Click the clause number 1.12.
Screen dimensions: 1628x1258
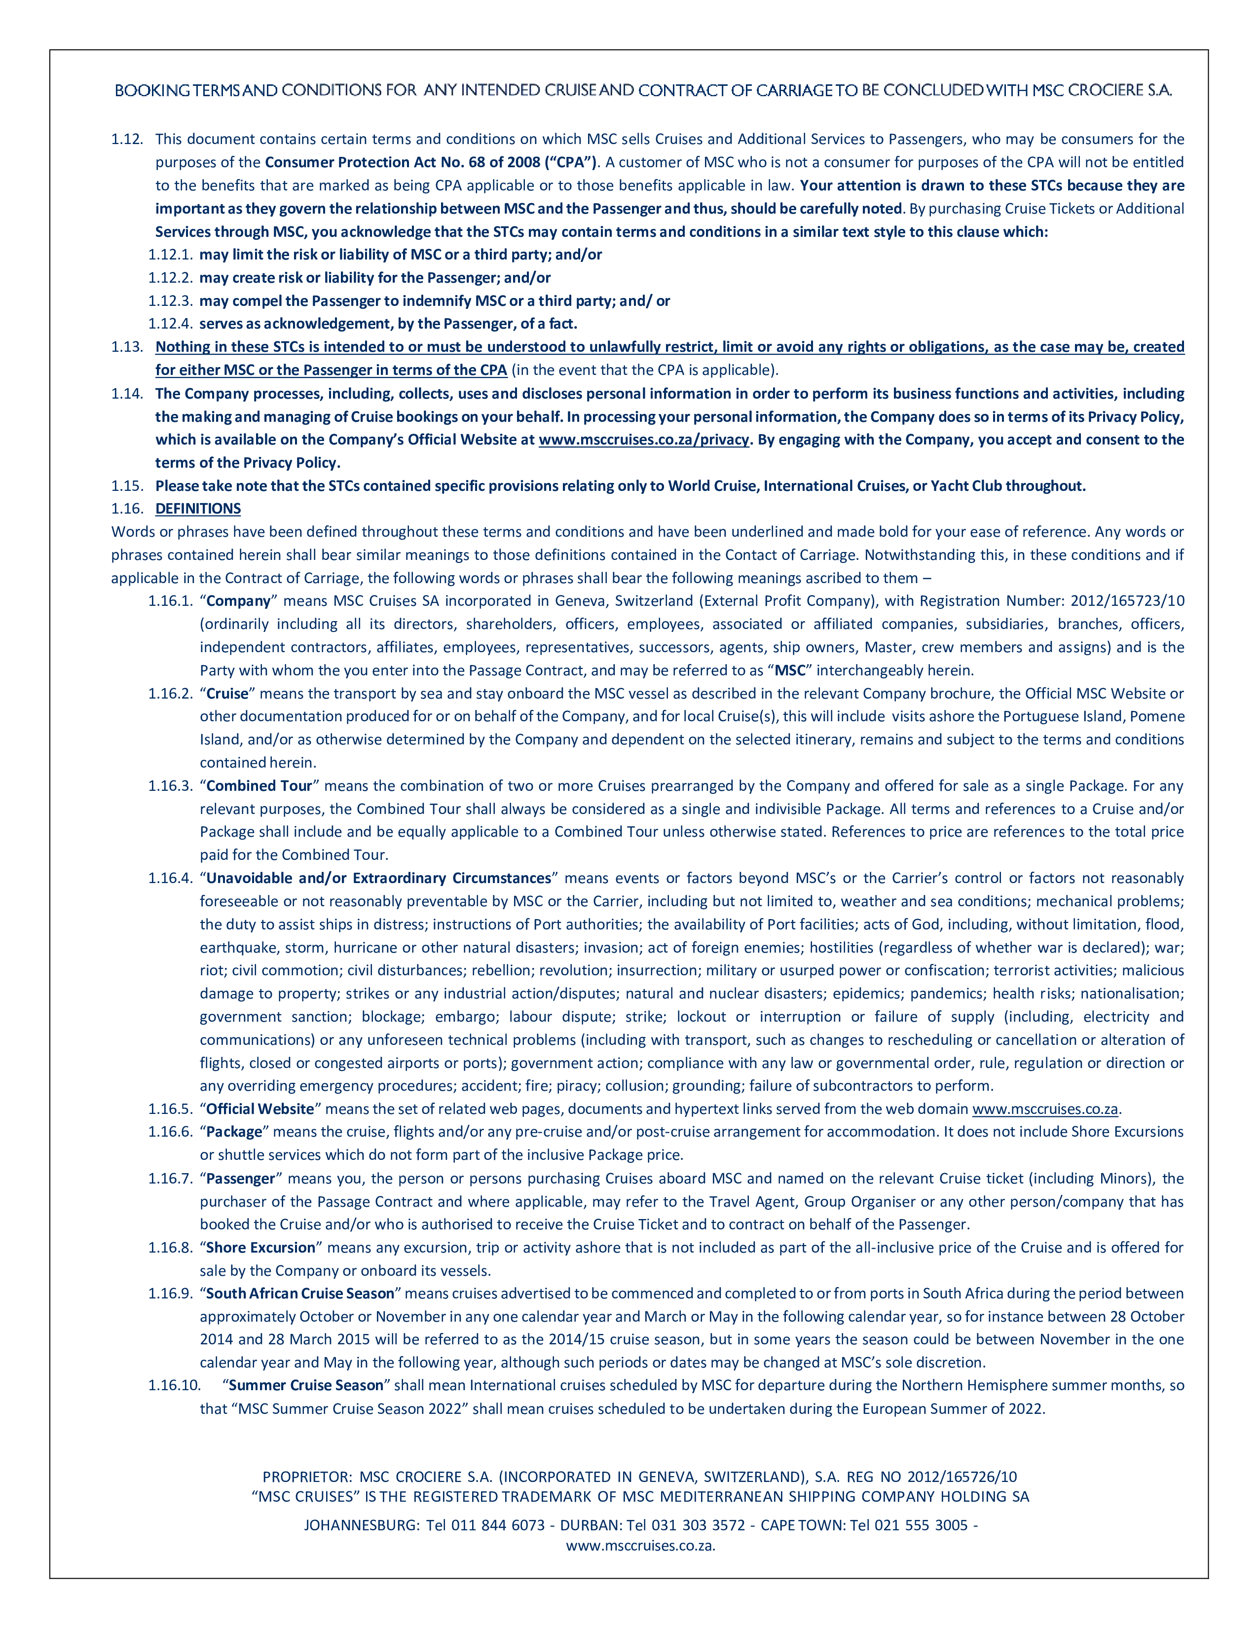[127, 140]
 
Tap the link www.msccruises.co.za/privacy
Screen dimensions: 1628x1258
[643, 440]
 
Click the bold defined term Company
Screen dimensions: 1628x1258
[238, 601]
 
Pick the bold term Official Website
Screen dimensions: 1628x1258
[259, 1109]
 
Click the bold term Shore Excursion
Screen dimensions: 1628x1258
[260, 1247]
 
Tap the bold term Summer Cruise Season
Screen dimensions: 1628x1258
[305, 1385]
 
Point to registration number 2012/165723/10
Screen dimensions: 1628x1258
[1127, 601]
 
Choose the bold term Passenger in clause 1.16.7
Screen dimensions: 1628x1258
[241, 1179]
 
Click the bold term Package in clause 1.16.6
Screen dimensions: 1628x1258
[234, 1132]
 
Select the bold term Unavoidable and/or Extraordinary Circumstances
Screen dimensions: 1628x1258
[378, 878]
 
